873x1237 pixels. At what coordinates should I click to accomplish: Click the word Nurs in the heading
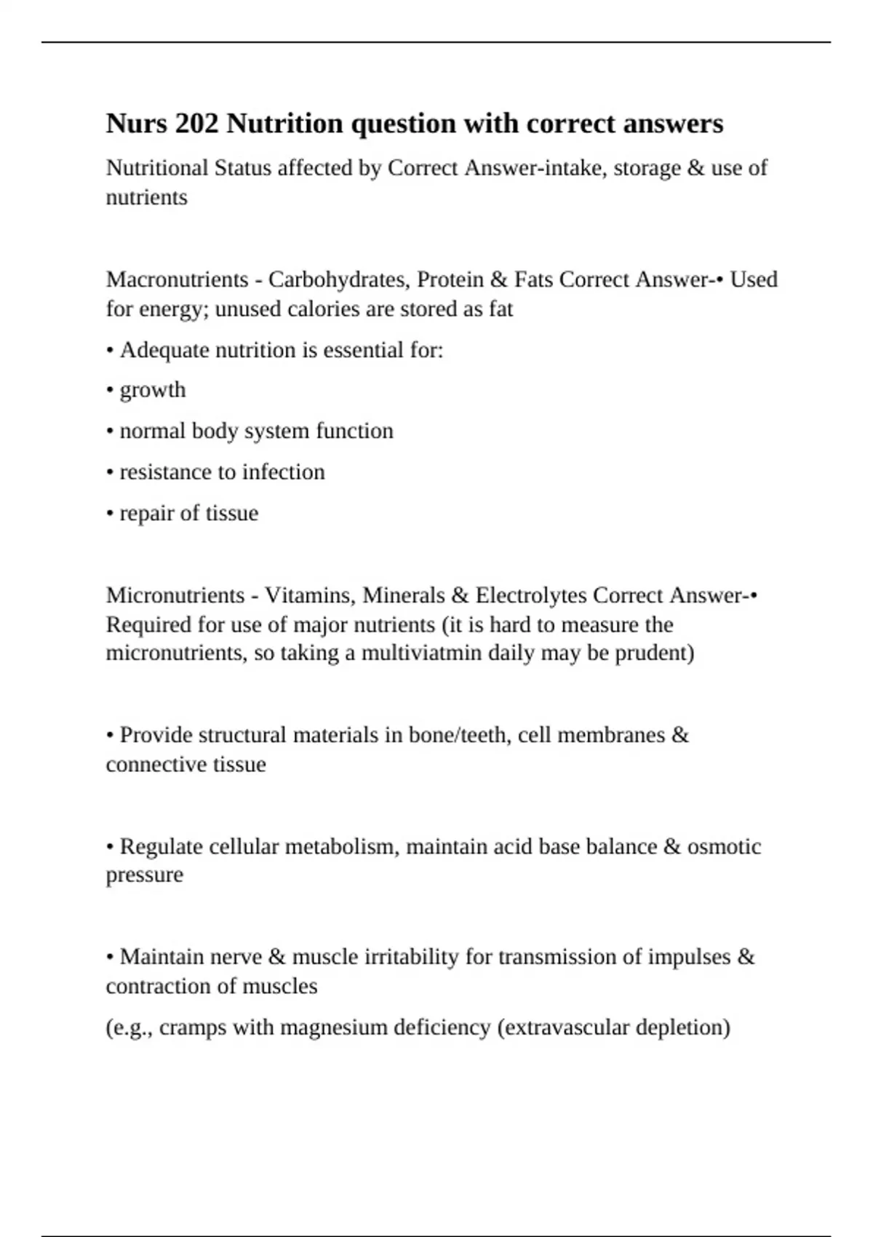137,124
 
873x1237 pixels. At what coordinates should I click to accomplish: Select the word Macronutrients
177,279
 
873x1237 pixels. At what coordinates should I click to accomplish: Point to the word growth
153,391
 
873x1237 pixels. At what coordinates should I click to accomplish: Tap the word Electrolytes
531,595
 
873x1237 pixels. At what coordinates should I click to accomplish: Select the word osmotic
724,847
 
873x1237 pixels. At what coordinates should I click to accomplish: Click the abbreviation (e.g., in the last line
129,1027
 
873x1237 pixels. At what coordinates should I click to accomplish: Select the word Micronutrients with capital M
175,595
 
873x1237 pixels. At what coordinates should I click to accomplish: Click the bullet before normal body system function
110,431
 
